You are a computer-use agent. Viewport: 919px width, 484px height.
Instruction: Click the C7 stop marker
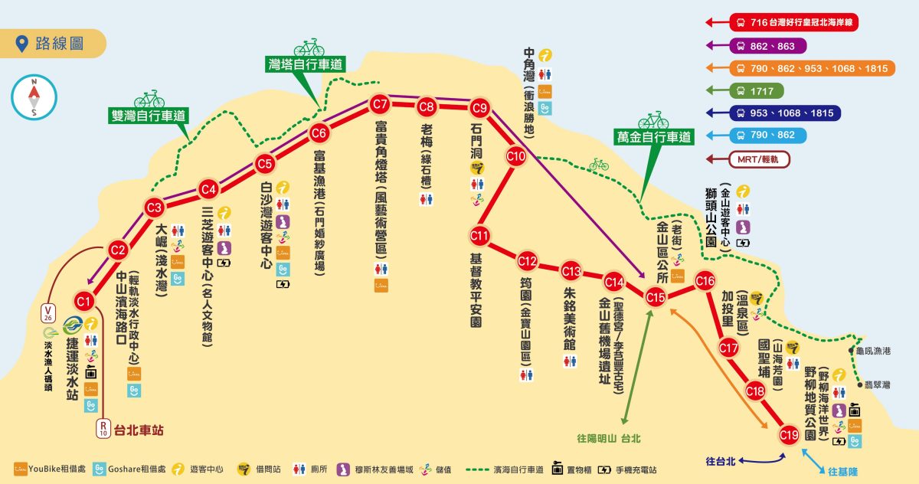[x=380, y=103]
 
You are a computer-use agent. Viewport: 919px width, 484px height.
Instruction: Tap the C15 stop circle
[x=656, y=296]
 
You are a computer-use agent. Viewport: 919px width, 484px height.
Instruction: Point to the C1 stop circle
[x=84, y=300]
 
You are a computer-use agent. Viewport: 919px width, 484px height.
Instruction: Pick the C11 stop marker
[x=480, y=234]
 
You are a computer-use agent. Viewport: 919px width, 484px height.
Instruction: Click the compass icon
[x=34, y=96]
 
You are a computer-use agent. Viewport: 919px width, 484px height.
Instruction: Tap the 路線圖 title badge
[x=52, y=43]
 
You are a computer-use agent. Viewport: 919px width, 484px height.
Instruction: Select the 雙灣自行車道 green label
[x=149, y=116]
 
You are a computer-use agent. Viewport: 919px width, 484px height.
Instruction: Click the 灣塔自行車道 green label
[x=305, y=64]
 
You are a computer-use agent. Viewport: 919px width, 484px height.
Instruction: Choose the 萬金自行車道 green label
[x=653, y=137]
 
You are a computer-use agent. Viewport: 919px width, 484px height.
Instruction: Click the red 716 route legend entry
[x=793, y=22]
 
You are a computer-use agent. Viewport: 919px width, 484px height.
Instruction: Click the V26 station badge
[x=47, y=313]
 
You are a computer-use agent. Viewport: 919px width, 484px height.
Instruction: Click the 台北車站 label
[x=139, y=430]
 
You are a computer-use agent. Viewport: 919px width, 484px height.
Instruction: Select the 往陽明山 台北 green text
[x=608, y=439]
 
